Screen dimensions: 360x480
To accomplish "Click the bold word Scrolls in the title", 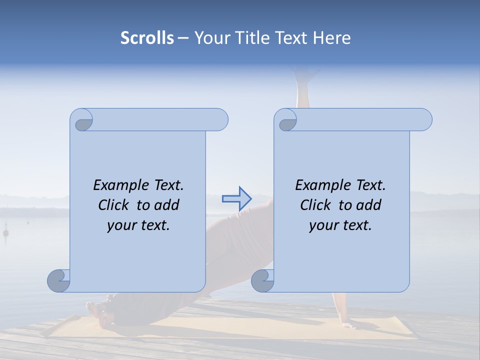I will [x=147, y=38].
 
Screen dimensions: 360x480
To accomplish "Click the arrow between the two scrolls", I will [x=236, y=199].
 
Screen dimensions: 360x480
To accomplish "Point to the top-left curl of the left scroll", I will [x=82, y=121].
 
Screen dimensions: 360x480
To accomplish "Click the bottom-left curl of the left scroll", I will [x=58, y=281].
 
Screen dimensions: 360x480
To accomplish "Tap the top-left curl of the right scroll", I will [x=286, y=121].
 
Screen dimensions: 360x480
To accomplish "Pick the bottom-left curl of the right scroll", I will [x=262, y=281].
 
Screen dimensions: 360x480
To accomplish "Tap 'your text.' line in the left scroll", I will [x=138, y=225].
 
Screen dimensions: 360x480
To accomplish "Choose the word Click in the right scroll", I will [x=316, y=205].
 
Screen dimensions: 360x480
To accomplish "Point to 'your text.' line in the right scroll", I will [x=340, y=225].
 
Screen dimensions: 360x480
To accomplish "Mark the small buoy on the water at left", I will [x=6, y=232].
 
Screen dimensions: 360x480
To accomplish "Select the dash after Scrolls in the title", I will [x=183, y=38].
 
